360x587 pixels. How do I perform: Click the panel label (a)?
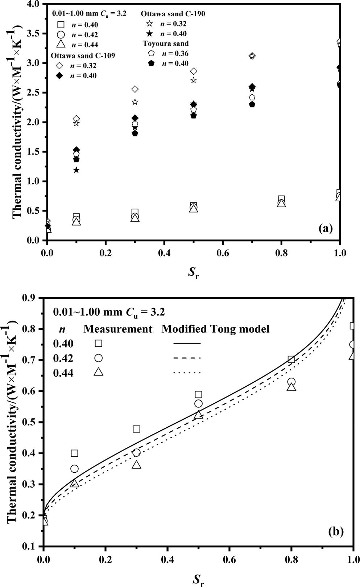(325, 228)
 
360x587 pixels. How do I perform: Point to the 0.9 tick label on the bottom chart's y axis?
(32, 298)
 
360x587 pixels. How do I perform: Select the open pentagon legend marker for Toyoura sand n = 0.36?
(152, 53)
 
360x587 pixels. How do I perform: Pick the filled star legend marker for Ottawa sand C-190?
(149, 34)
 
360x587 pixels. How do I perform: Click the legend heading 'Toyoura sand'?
(165, 44)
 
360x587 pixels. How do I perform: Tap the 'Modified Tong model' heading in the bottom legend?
(215, 329)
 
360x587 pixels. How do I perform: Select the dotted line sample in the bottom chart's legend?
(187, 373)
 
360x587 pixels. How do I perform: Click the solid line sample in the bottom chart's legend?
(187, 343)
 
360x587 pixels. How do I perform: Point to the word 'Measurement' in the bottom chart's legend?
(118, 329)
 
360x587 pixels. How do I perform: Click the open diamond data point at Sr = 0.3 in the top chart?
(135, 89)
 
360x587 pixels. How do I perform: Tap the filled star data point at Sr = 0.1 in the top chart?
(76, 170)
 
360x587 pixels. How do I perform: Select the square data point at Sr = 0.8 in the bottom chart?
(291, 360)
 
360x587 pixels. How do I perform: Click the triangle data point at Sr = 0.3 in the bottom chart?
(136, 465)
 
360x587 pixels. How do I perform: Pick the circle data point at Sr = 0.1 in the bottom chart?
(74, 469)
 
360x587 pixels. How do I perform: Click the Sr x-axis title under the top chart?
(194, 273)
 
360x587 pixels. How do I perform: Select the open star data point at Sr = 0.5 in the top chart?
(194, 80)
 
